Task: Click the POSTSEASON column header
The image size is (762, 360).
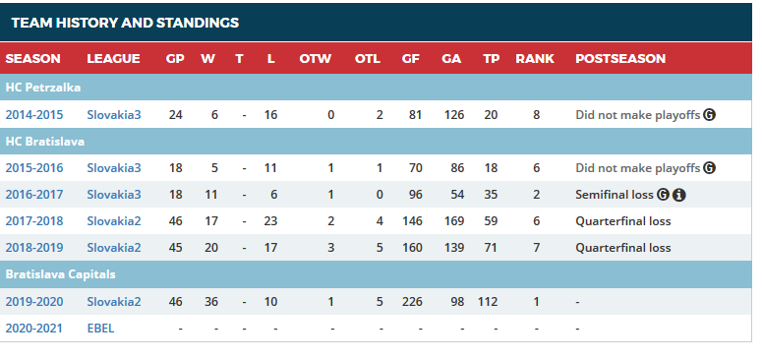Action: [620, 59]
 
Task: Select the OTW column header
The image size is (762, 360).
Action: [316, 59]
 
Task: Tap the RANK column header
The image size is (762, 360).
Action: [535, 59]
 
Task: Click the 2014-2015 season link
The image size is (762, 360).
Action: [34, 115]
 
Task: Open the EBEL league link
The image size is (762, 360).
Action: [100, 329]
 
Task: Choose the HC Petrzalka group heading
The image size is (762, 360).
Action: [43, 88]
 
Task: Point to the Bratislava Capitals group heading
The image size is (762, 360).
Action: [60, 274]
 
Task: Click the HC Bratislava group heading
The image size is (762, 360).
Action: [44, 142]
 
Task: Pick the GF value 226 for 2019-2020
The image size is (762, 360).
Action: [412, 302]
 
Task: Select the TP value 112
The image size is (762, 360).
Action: [488, 302]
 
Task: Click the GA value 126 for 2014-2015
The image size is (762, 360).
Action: [454, 115]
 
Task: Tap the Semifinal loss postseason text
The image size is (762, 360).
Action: [615, 195]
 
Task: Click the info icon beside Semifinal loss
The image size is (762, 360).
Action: [679, 195]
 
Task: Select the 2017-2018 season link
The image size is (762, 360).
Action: [34, 221]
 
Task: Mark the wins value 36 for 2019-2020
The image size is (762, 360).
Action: [211, 302]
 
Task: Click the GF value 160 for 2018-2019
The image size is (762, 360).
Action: [412, 248]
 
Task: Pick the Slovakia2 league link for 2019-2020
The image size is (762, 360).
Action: [114, 302]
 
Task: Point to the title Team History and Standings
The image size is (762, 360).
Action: [125, 23]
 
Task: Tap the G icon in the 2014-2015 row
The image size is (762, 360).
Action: [710, 115]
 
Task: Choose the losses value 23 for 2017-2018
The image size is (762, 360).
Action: [270, 221]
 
